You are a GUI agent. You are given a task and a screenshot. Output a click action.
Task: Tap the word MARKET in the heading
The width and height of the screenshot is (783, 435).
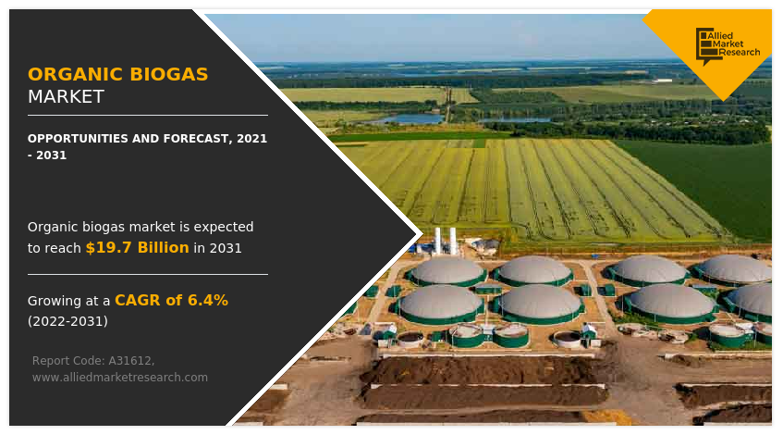pos(66,97)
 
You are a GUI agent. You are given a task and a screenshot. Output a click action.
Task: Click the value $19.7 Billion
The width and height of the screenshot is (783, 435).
pos(137,247)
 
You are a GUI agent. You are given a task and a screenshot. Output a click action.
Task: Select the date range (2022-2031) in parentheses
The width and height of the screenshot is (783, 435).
pos(67,321)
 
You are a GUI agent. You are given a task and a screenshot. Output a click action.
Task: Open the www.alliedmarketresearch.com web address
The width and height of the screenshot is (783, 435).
pos(119,377)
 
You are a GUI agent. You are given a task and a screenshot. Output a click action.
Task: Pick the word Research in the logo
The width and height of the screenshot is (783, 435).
pos(738,53)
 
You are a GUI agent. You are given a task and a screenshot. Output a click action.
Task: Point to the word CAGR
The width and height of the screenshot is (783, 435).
pos(136,300)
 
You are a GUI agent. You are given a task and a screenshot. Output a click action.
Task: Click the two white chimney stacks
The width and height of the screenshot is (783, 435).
pos(446,239)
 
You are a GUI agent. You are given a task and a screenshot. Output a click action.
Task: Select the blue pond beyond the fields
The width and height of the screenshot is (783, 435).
pos(407,118)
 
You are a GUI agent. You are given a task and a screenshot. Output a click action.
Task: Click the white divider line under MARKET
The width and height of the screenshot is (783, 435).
pos(147,115)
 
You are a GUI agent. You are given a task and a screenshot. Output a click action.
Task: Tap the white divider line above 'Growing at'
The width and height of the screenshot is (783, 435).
pos(147,274)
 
